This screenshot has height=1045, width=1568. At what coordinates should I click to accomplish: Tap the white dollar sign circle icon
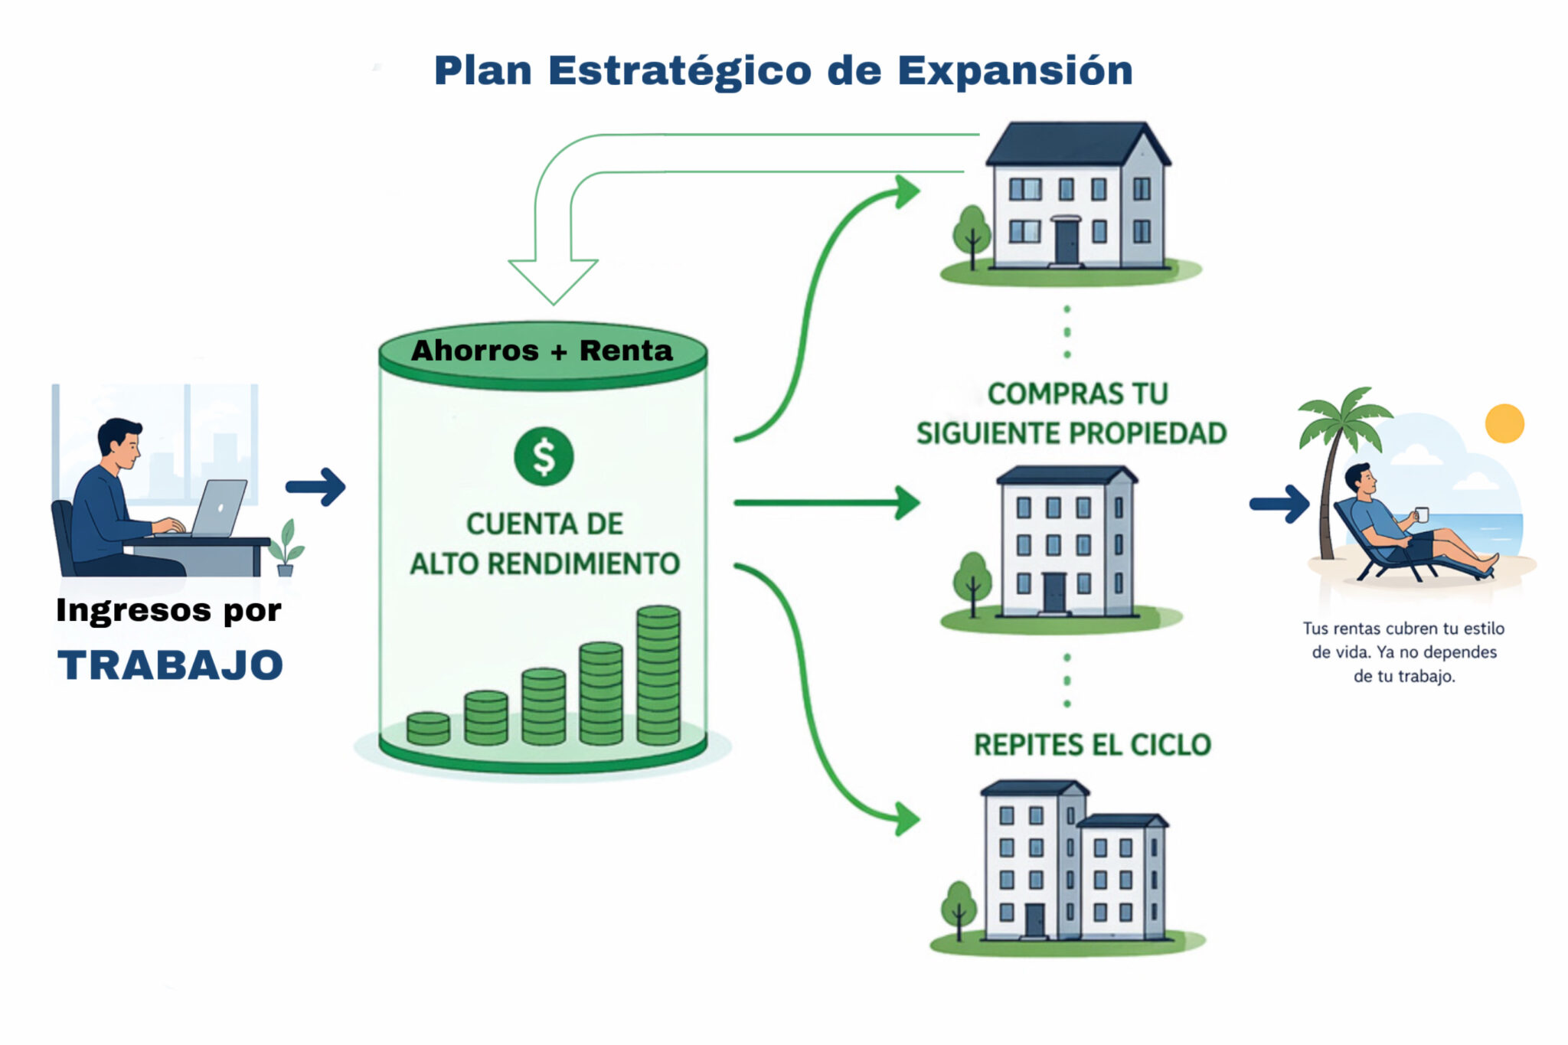pos(544,456)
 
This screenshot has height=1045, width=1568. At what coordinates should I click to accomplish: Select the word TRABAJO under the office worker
pos(170,665)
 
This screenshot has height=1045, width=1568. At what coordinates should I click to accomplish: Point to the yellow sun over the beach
pos(1504,423)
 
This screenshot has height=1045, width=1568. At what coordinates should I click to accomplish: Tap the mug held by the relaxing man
pos(1421,514)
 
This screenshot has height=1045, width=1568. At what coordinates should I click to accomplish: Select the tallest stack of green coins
pos(658,674)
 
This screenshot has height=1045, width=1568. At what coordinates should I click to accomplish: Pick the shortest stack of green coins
pos(428,728)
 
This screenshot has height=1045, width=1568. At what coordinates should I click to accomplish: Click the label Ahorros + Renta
pos(542,351)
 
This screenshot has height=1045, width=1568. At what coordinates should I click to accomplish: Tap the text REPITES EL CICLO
pos(1093,745)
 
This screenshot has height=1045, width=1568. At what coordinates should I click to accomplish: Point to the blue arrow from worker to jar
pos(315,487)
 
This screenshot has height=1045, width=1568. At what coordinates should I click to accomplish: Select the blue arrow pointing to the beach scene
pos(1279,504)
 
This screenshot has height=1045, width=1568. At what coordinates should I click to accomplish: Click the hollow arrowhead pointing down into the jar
pos(553,279)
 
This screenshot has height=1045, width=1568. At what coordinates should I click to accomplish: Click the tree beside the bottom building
pos(959,910)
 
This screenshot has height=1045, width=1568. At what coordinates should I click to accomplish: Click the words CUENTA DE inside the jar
pos(544,524)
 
